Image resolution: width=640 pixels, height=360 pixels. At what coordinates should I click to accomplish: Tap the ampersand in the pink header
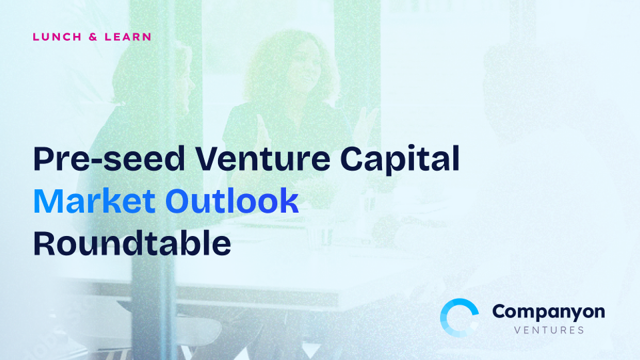[x=93, y=37]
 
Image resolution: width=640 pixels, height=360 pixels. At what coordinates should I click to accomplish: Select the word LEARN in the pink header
[x=128, y=37]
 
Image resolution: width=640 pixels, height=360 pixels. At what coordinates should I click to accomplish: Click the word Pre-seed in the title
[x=109, y=159]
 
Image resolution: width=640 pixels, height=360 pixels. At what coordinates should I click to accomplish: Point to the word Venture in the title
[x=263, y=159]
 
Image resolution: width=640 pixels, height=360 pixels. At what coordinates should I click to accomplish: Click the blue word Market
[x=94, y=201]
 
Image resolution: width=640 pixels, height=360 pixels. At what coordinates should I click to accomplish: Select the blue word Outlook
[x=232, y=201]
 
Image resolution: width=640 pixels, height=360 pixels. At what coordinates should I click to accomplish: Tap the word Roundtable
[x=132, y=243]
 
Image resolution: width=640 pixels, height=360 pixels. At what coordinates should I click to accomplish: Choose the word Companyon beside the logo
[x=549, y=313]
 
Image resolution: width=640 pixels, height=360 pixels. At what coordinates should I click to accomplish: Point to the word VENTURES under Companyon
[x=549, y=330]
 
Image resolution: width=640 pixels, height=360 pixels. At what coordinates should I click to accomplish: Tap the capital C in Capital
[x=352, y=159]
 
